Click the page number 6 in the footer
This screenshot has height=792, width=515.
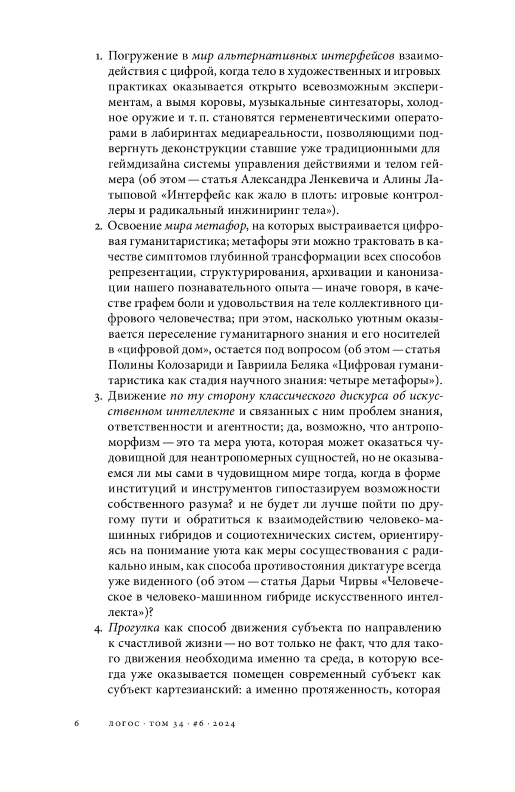(x=76, y=723)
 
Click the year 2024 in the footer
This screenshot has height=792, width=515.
(x=223, y=723)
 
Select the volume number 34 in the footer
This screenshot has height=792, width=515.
(x=178, y=723)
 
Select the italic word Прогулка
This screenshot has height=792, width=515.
(x=134, y=628)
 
